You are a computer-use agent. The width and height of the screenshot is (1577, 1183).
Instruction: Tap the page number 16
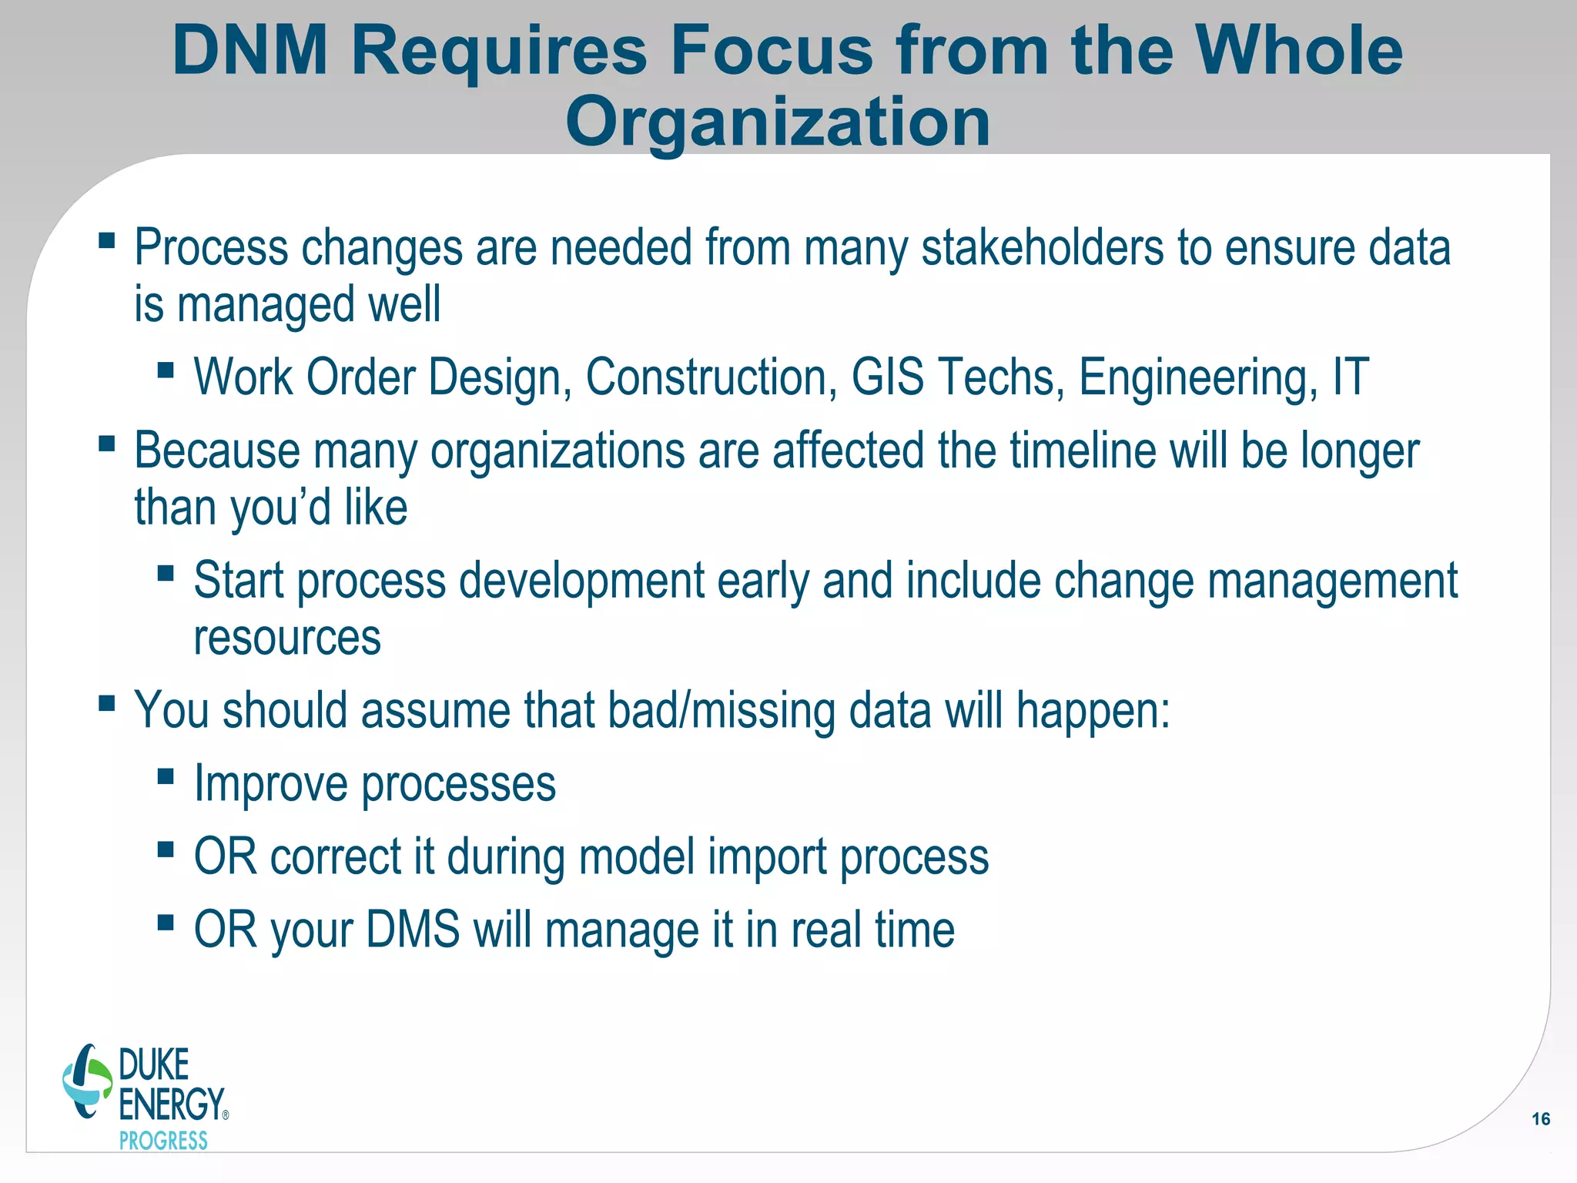coord(1541,1119)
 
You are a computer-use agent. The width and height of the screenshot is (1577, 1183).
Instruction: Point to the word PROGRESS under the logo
coord(163,1141)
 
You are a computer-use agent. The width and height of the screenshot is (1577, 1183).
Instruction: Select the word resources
coord(287,638)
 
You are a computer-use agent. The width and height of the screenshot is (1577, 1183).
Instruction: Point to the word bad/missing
coord(722,710)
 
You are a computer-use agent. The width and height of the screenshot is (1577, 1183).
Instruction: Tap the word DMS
coord(413,930)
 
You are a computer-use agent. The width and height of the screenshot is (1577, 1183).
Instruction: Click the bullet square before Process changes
coord(107,241)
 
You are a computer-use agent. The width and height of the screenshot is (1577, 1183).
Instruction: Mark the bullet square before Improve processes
coord(166,776)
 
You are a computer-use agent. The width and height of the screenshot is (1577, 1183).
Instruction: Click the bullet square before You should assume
coord(107,703)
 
